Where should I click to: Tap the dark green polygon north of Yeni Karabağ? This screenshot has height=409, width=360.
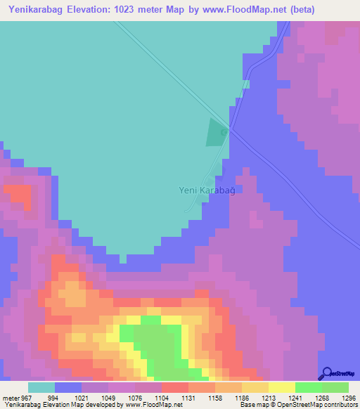[x=216, y=132]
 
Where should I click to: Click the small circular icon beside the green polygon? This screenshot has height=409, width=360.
[x=224, y=131]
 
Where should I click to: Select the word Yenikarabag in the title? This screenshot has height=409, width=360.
[x=37, y=10]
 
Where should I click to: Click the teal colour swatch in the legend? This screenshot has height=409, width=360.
[x=41, y=387]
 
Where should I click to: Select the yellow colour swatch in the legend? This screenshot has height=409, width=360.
[x=282, y=387]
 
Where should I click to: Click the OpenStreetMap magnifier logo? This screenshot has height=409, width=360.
[x=326, y=373]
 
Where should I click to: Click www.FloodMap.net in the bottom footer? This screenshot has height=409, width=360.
[x=148, y=405]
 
